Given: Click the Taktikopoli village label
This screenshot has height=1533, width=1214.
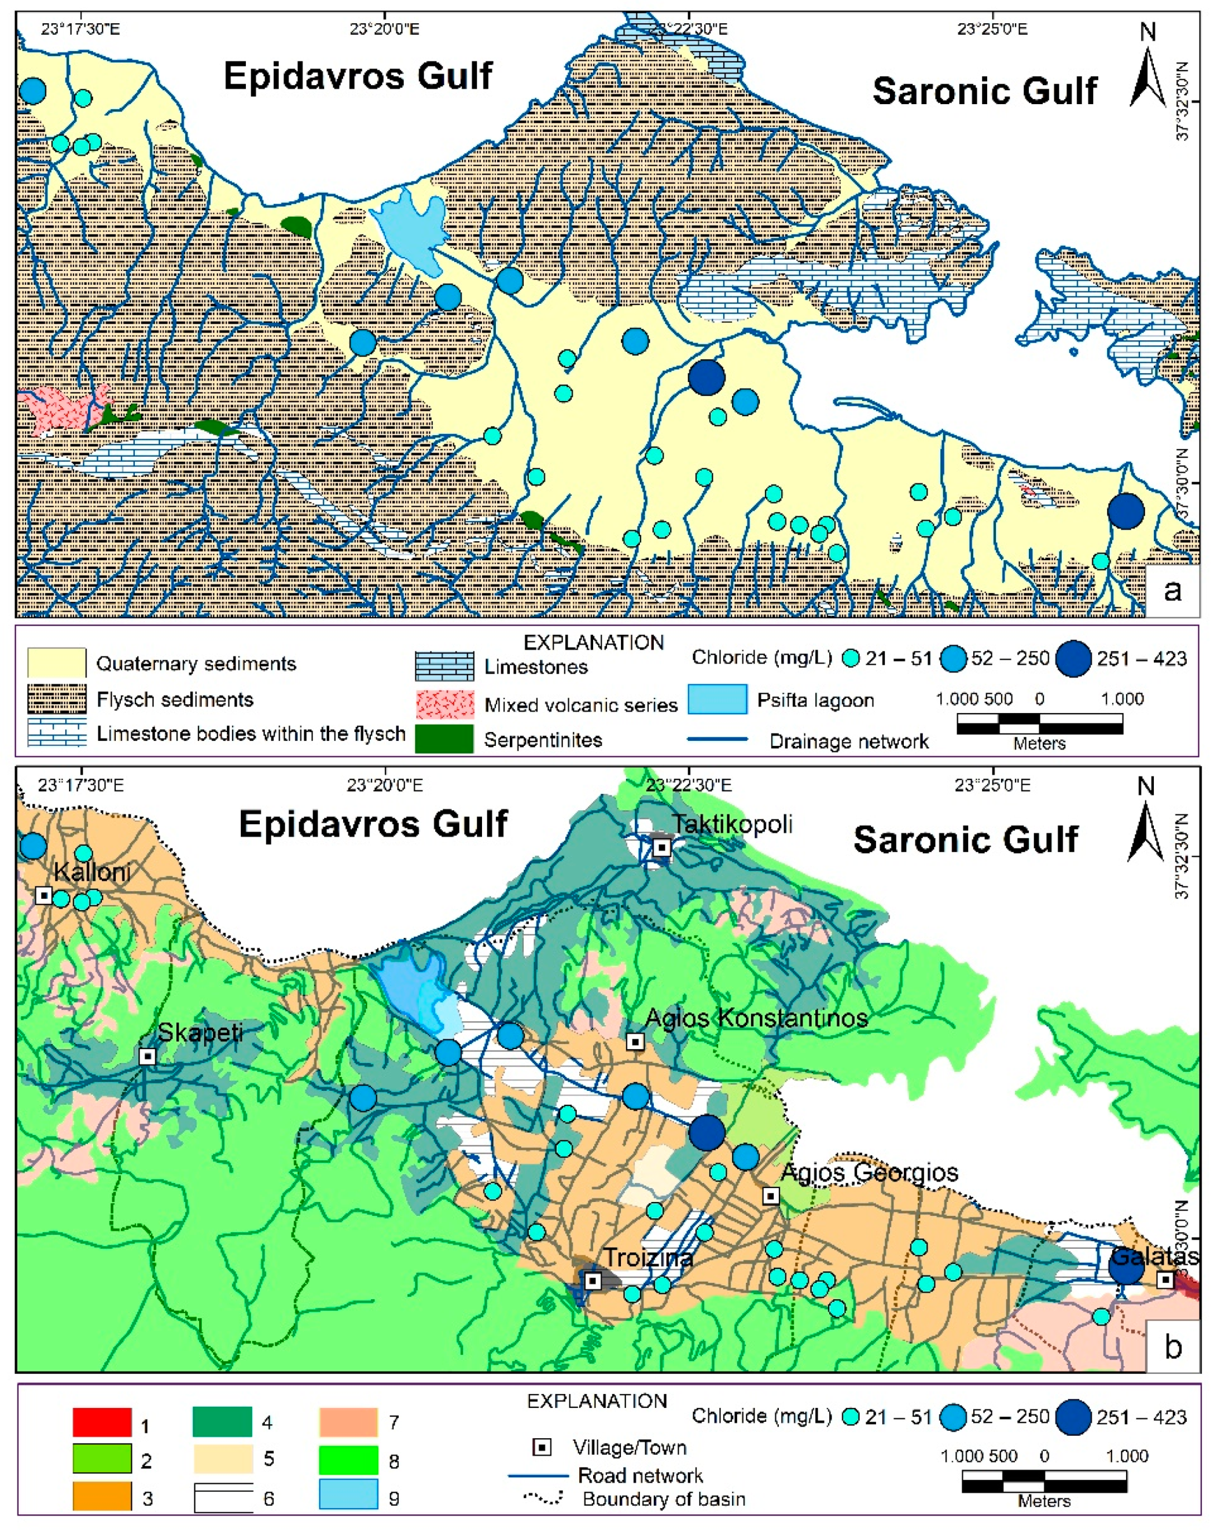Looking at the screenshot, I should [732, 825].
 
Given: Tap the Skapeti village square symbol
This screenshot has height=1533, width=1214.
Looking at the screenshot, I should [147, 1057].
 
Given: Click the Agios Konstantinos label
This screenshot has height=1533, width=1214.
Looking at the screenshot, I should [756, 1018].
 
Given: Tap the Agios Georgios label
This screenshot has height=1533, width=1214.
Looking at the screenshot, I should [869, 1172].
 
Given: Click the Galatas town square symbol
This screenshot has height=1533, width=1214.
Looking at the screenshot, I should [1165, 1280].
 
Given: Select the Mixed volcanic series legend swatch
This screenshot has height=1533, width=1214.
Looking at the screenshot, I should [444, 704].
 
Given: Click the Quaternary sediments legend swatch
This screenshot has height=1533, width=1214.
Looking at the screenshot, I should [57, 663].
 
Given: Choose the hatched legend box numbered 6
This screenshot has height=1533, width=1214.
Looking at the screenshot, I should [223, 1497].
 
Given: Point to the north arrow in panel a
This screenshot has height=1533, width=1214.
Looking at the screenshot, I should [1146, 71].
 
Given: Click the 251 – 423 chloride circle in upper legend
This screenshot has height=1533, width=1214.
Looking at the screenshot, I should [1073, 658].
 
